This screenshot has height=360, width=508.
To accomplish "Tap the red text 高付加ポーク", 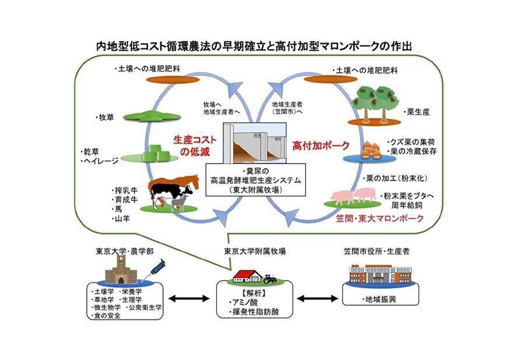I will [321, 144].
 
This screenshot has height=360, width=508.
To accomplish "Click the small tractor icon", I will [269, 279].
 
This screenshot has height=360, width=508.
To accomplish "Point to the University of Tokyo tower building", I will [121, 270].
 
